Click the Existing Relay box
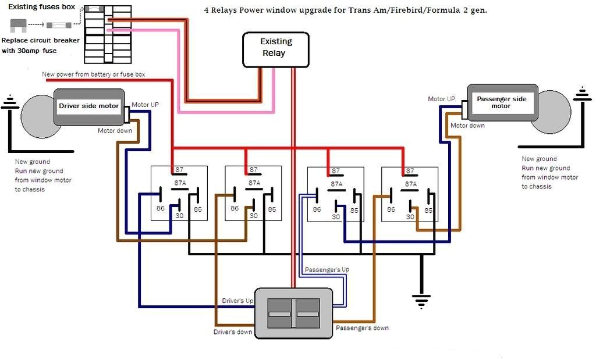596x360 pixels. [x=275, y=48]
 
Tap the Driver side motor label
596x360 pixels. [x=88, y=106]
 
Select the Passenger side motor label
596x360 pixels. [x=501, y=102]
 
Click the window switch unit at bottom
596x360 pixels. [x=293, y=313]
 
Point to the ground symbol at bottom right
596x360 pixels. [x=421, y=300]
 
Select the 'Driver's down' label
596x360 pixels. [x=233, y=332]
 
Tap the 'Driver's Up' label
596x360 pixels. [x=237, y=301]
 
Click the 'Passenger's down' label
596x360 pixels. [x=362, y=328]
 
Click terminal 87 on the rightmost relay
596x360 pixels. [x=410, y=170]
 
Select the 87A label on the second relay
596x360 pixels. [x=254, y=183]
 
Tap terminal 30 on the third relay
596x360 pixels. [x=336, y=216]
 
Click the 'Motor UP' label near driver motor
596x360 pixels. [x=145, y=105]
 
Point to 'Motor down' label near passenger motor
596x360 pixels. [x=467, y=125]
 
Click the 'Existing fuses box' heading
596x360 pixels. [x=41, y=6]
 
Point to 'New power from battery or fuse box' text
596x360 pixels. [x=94, y=74]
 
